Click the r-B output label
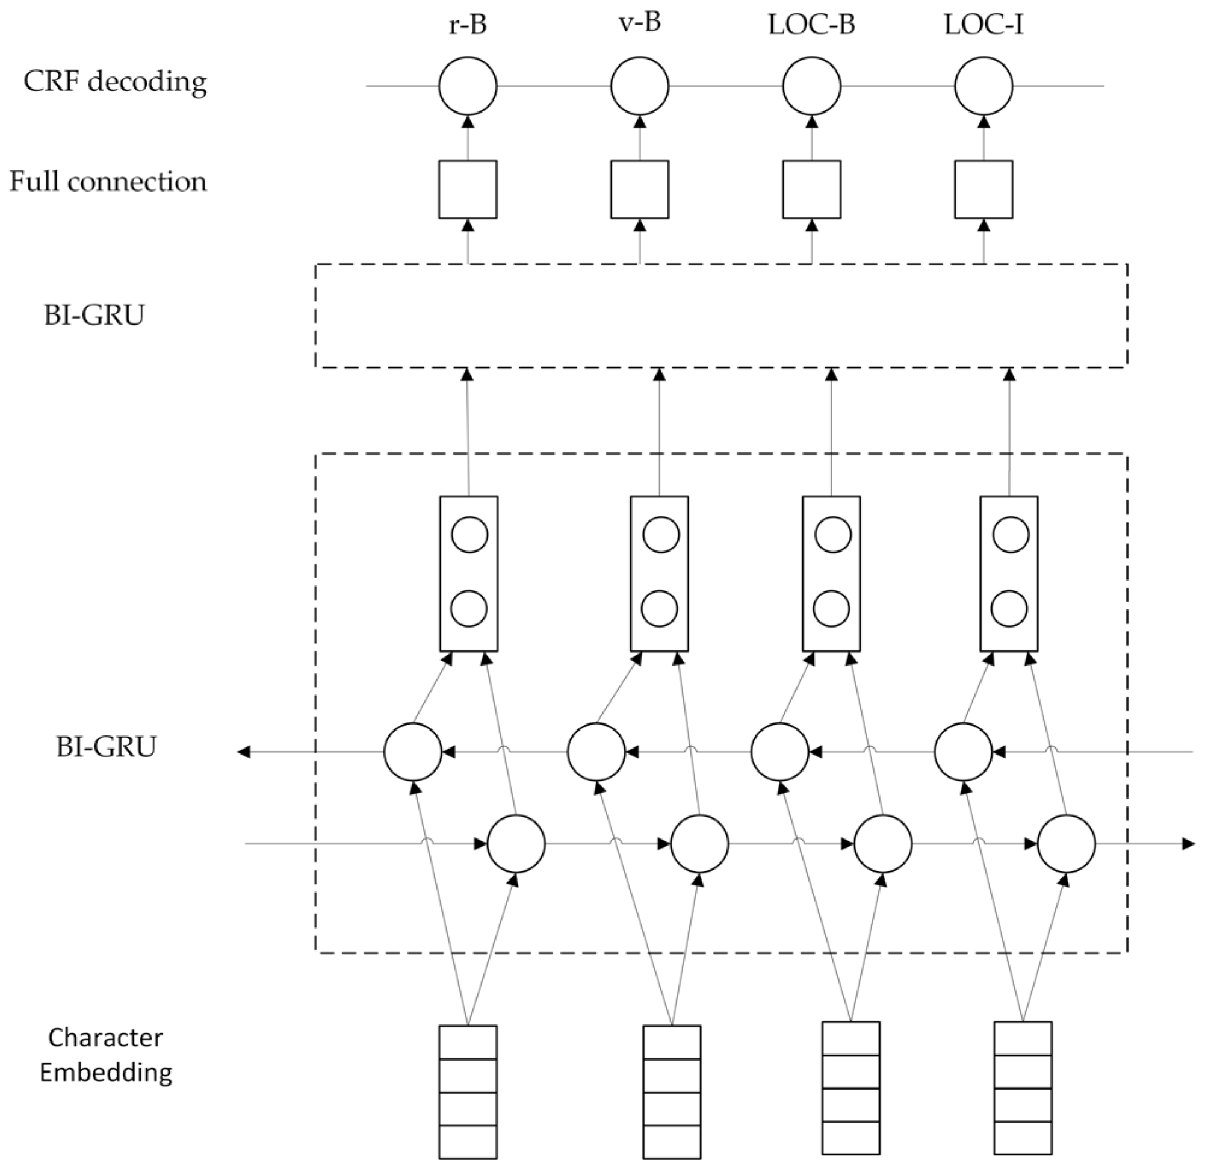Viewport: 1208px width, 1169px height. pyautogui.click(x=467, y=25)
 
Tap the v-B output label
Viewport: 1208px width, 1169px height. pyautogui.click(x=640, y=23)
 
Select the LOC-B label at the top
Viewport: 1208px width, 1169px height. pyautogui.click(x=812, y=25)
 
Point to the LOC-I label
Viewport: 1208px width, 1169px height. pyautogui.click(x=983, y=25)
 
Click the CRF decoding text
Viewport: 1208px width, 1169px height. pyautogui.click(x=115, y=82)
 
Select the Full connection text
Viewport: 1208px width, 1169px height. pyautogui.click(x=108, y=182)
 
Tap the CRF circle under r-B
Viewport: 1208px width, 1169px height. pyautogui.click(x=468, y=86)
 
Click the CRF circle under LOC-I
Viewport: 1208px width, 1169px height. pyautogui.click(x=983, y=86)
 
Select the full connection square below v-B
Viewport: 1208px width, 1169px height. pyautogui.click(x=640, y=189)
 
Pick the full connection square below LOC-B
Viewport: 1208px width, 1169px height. pyautogui.click(x=812, y=189)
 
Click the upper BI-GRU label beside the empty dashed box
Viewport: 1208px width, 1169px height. pyautogui.click(x=94, y=315)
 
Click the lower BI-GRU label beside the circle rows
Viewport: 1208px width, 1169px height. pyautogui.click(x=106, y=747)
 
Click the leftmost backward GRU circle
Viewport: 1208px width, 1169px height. pyautogui.click(x=412, y=752)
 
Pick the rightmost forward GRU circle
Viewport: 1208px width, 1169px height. pyautogui.click(x=1066, y=843)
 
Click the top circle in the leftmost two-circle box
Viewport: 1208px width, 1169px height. pyautogui.click(x=469, y=535)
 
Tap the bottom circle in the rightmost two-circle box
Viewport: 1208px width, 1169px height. pyautogui.click(x=1009, y=608)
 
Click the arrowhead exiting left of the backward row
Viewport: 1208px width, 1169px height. pyautogui.click(x=244, y=752)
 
